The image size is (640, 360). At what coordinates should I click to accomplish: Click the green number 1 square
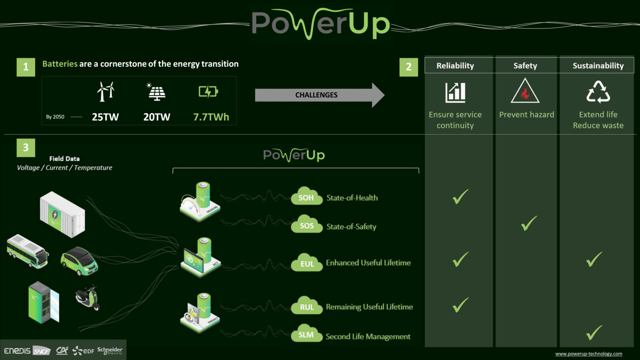[x=26, y=67]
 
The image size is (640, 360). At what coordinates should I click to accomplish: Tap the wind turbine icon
[x=105, y=91]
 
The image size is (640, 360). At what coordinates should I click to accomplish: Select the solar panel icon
[x=157, y=92]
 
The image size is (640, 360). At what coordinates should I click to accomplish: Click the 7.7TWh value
[x=211, y=117]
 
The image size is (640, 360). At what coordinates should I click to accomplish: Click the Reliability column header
[x=455, y=65]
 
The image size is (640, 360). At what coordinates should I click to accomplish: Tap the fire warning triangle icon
[x=525, y=91]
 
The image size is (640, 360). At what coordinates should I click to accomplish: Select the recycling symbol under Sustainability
[x=598, y=92]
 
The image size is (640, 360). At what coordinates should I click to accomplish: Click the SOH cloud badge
[x=306, y=197]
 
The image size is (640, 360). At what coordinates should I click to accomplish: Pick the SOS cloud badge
[x=307, y=225]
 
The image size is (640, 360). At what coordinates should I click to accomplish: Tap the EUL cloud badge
[x=307, y=263]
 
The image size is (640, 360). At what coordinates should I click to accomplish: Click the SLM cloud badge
[x=306, y=335]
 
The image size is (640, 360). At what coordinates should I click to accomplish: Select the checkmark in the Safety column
[x=529, y=223]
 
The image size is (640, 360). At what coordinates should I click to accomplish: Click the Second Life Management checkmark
[x=594, y=332]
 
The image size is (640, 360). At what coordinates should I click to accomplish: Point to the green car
[x=79, y=261]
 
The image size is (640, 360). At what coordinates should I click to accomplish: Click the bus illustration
[x=27, y=251]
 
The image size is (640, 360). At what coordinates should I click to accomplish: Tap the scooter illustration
[x=87, y=297]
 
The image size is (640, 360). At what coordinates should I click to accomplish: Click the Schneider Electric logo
[x=110, y=350]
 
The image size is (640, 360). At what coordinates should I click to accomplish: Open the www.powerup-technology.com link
[x=588, y=354]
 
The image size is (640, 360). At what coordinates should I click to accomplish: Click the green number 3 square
[x=26, y=147]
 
